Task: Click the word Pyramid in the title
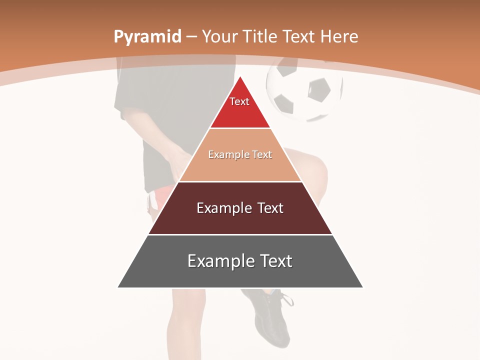coord(147,37)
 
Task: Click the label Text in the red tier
coord(239,101)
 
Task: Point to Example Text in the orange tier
coord(240,154)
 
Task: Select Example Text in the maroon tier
coord(240,208)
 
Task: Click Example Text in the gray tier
coord(240,261)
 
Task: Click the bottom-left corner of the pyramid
coord(118,287)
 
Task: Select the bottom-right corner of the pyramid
coord(362,287)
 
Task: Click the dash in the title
coord(191,37)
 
